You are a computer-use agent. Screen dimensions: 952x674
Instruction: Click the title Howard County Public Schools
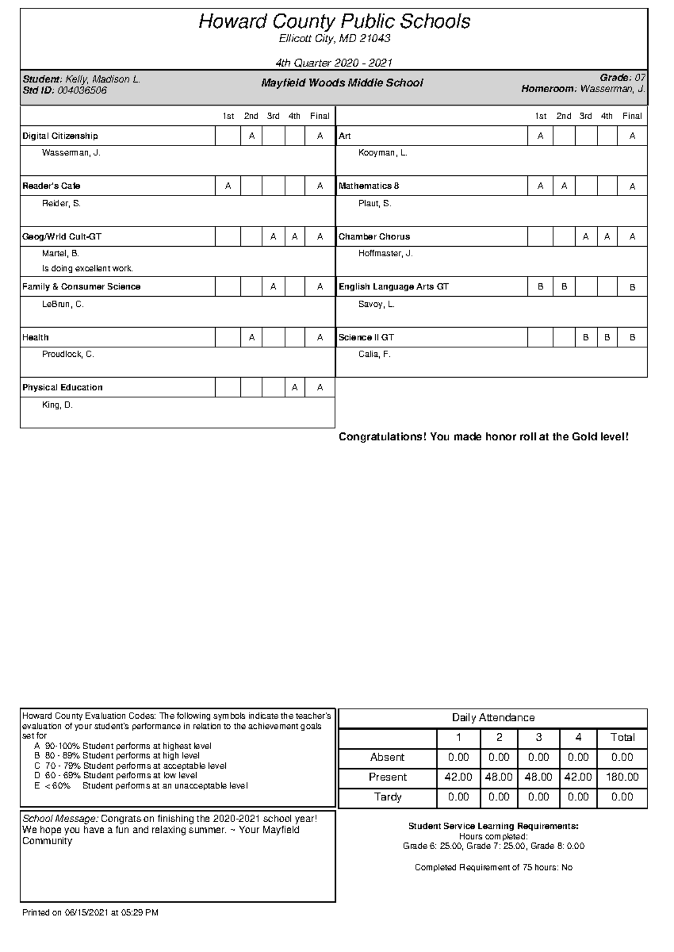[334, 22]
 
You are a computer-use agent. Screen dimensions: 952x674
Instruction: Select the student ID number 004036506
[81, 90]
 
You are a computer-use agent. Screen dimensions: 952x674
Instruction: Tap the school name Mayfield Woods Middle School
[341, 83]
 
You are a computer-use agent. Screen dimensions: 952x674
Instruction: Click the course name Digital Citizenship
[60, 136]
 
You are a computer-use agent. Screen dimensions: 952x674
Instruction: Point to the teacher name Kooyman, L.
[382, 153]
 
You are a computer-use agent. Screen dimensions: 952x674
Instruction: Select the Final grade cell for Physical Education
[320, 388]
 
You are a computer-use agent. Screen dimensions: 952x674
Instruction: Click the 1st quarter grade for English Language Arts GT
[540, 287]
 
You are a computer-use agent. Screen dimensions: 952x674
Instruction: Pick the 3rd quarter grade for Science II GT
[585, 338]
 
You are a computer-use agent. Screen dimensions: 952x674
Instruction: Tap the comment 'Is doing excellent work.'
[88, 269]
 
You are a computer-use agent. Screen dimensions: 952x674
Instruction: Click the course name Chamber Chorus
[374, 237]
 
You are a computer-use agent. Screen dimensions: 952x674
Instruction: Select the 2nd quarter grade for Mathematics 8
[564, 186]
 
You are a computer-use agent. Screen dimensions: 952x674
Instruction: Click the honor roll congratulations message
[483, 437]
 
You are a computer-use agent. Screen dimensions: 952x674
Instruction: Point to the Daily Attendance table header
[493, 718]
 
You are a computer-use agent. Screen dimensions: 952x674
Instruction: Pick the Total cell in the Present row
[622, 777]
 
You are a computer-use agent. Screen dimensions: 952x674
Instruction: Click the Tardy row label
[388, 797]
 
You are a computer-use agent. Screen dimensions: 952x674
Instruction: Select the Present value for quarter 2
[499, 777]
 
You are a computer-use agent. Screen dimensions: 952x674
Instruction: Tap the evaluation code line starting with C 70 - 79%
[130, 766]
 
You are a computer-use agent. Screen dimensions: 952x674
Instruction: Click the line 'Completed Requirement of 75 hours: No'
[493, 868]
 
